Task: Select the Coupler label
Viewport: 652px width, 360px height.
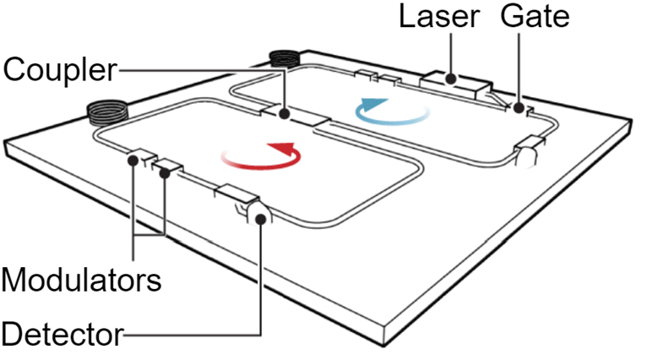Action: pos(59,69)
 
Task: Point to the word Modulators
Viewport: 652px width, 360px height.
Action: pos(81,278)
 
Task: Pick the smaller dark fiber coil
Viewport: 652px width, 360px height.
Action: pos(285,59)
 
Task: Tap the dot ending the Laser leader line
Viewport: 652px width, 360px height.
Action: pos(453,80)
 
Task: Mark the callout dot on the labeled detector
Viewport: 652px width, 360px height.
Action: pos(261,218)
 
